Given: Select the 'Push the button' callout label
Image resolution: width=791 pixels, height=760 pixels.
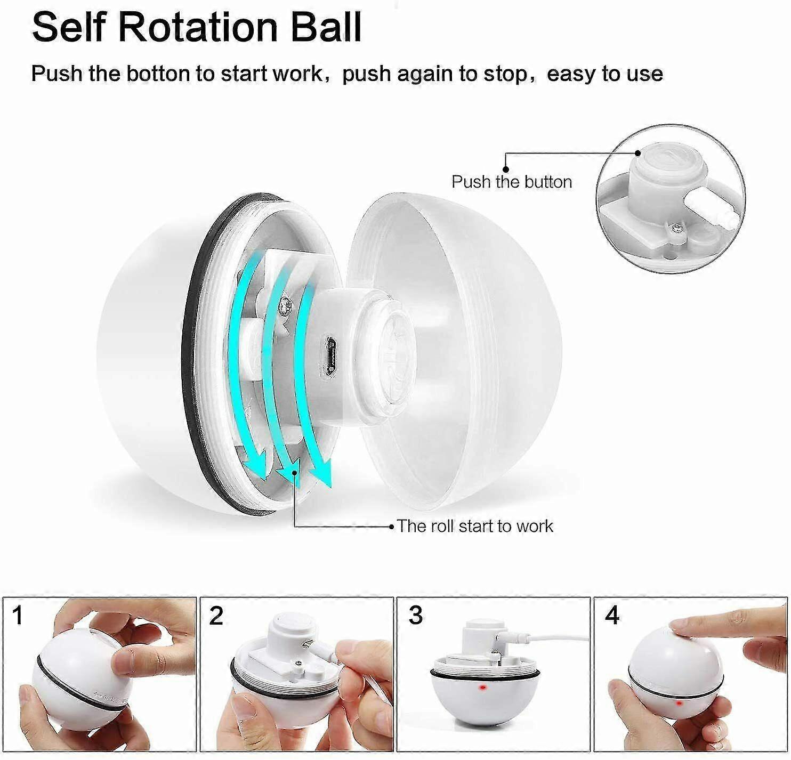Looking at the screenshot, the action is (x=512, y=182).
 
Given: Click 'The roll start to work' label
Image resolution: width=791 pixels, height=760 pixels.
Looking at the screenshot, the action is (x=475, y=526).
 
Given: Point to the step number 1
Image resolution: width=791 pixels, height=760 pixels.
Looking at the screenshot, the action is (x=18, y=616).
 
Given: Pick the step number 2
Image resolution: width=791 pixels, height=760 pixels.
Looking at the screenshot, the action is (x=216, y=616).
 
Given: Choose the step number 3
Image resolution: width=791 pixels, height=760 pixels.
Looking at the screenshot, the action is (x=415, y=616).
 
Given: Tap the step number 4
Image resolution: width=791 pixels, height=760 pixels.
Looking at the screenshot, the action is (x=612, y=616).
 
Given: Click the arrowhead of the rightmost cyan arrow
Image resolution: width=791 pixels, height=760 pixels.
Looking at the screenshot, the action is (x=321, y=472).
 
